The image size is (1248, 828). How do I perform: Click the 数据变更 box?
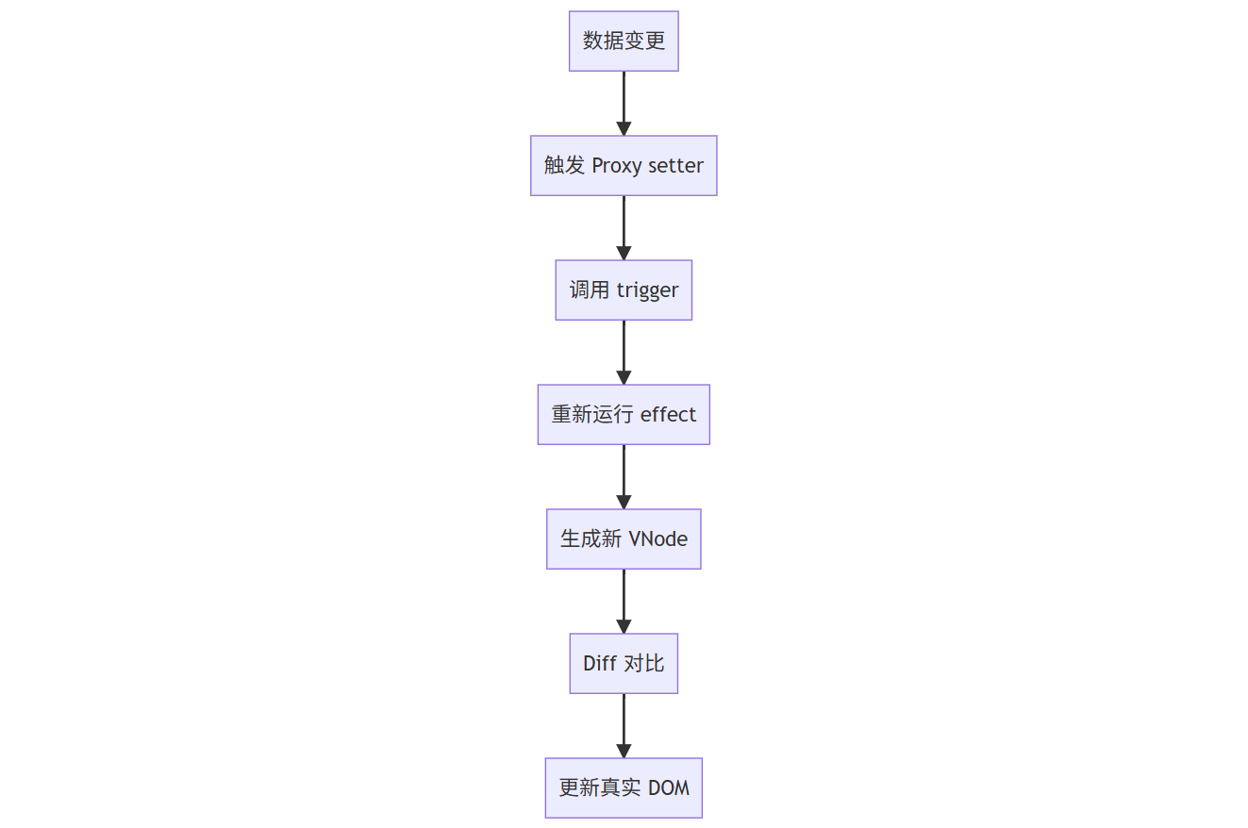624,41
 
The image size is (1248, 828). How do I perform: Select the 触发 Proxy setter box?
624,166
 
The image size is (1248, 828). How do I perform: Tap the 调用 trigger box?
624,290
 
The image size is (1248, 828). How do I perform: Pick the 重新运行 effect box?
624,415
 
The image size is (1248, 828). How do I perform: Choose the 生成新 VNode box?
624,539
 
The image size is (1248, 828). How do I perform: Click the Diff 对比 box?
624,664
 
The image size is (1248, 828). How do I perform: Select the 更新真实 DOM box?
624,788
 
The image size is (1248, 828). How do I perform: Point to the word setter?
675,166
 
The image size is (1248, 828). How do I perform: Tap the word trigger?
648,290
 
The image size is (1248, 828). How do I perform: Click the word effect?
668,415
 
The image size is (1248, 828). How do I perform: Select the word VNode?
657,539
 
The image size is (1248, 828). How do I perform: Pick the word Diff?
599,664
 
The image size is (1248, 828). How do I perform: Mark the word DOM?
669,788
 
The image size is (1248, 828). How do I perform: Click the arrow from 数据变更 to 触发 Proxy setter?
624,100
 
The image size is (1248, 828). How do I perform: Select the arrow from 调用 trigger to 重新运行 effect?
624,349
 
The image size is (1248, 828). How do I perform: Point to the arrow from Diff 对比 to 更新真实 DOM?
624,722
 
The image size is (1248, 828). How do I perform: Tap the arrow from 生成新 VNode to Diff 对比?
624,598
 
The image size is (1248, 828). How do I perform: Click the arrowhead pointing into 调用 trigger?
624,253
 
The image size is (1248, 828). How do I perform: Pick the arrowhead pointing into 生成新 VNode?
624,502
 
